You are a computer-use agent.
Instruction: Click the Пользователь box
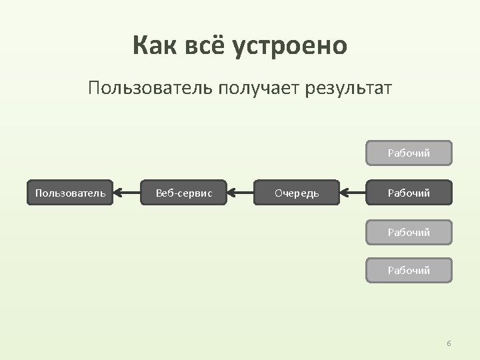pyautogui.click(x=70, y=193)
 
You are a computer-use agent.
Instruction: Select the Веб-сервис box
pyautogui.click(x=184, y=193)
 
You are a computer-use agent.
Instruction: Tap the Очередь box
pyautogui.click(x=297, y=193)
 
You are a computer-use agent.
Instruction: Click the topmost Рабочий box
pyautogui.click(x=409, y=153)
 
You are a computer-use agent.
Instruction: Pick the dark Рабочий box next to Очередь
pyautogui.click(x=409, y=193)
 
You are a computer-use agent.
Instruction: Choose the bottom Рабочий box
pyautogui.click(x=409, y=271)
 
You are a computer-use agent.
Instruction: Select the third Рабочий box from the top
pyautogui.click(x=409, y=233)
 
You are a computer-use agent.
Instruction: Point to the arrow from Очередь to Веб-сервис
pyautogui.click(x=241, y=193)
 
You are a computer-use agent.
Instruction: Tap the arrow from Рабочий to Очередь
pyautogui.click(x=353, y=193)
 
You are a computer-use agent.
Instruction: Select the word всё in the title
pyautogui.click(x=206, y=47)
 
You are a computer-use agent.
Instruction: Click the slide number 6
pyautogui.click(x=449, y=343)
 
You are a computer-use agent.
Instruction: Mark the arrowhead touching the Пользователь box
pyautogui.click(x=118, y=193)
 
